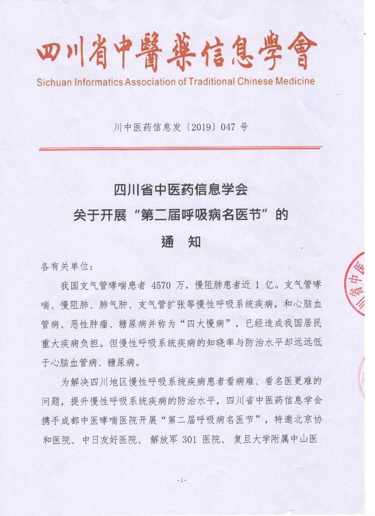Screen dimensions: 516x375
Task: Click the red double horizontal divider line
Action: [x=181, y=147]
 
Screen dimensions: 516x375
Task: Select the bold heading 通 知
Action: [x=181, y=241]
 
